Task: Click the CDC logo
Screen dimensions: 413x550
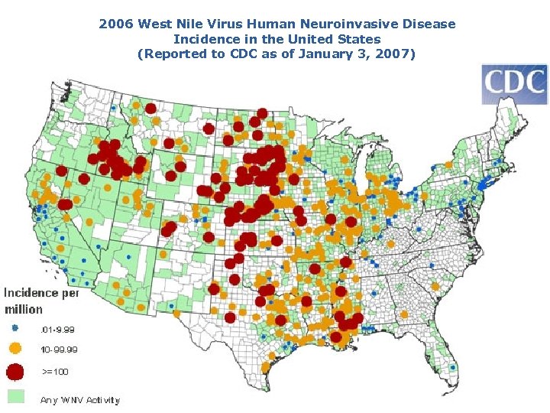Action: coord(514,84)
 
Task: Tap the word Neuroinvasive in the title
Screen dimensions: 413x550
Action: coord(327,24)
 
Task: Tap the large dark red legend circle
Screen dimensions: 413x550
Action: coord(15,372)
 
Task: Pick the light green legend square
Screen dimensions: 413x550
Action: coord(15,396)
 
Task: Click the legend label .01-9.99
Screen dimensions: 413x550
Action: coord(58,330)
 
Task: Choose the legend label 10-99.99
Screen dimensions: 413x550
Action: coord(59,350)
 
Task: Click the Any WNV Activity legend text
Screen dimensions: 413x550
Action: coord(79,400)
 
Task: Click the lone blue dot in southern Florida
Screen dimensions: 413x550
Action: coord(453,367)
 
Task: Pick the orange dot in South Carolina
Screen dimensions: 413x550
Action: coord(435,285)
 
